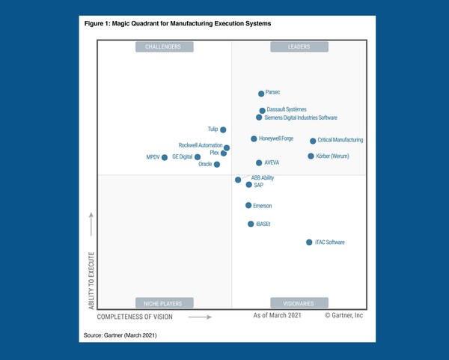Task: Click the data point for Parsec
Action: coord(261,94)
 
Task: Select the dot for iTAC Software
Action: coord(309,242)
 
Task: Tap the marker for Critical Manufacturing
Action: coord(313,141)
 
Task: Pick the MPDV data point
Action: coord(165,158)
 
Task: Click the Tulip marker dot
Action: coord(223,130)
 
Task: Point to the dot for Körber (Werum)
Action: coord(311,156)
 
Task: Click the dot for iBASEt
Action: coord(251,224)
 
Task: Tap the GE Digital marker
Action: coord(198,157)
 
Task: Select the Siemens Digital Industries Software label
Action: coord(301,118)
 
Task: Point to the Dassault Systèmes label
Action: coord(287,109)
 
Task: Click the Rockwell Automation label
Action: coord(200,145)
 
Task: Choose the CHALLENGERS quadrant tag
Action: coord(164,47)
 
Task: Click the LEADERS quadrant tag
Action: coord(299,47)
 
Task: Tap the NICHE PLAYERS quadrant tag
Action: coord(164,303)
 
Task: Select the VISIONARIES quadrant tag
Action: coord(299,303)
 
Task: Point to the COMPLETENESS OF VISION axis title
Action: coord(135,317)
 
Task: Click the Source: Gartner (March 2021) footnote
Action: coord(124,334)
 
